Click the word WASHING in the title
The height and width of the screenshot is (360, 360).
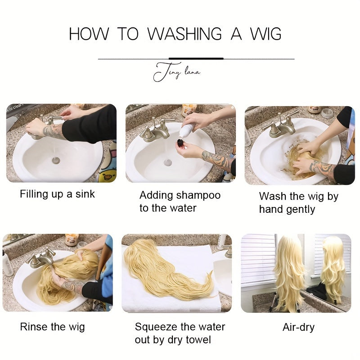(x=184, y=34)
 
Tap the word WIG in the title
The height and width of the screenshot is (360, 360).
(x=265, y=34)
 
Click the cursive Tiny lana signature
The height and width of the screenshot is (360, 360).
(x=176, y=72)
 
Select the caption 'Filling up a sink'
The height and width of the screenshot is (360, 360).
(x=57, y=194)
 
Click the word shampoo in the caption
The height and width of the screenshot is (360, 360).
(x=195, y=196)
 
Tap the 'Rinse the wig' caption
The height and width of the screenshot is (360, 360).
(x=52, y=327)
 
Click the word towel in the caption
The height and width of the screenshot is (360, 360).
(x=198, y=340)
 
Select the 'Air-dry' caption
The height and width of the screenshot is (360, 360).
(x=298, y=328)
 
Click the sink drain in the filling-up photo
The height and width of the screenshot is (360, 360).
(x=56, y=160)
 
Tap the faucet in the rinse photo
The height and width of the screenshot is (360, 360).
(x=41, y=258)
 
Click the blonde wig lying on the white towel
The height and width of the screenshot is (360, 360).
(x=166, y=269)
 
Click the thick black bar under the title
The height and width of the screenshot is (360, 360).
(x=196, y=58)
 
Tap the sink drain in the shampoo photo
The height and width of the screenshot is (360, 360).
(x=168, y=162)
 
